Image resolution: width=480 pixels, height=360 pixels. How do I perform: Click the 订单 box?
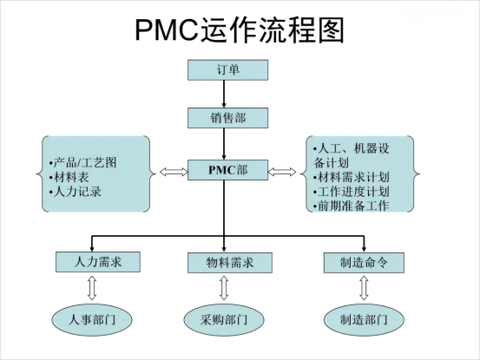coord(227,70)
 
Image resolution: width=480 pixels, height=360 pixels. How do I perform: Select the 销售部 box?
coord(227,118)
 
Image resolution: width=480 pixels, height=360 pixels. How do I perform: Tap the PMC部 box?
coord(227,170)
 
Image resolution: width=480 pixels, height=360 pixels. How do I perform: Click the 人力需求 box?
coord(98,262)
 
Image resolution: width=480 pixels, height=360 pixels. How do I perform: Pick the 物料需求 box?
coord(230,263)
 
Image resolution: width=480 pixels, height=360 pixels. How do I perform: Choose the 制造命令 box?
coord(364,263)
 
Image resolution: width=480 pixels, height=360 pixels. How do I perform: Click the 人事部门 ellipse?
coord(92,319)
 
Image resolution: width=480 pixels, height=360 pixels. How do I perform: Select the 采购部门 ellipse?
coord(224,319)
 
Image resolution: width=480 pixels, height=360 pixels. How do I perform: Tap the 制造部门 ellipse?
coord(364,319)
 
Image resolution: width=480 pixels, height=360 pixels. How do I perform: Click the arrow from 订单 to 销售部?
coord(224,94)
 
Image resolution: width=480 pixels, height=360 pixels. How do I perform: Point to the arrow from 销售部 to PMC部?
coord(224,144)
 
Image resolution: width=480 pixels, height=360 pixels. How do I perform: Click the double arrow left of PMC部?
coord(174,172)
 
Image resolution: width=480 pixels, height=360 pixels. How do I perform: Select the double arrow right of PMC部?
coord(282,172)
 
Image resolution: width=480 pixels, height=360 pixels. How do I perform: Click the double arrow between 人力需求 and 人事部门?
coord(92,288)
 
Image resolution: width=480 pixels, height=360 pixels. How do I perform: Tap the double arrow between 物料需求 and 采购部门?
coord(224,288)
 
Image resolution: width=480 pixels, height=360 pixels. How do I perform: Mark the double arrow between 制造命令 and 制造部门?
coord(364,288)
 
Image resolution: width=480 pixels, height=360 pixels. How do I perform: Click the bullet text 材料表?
coord(69,178)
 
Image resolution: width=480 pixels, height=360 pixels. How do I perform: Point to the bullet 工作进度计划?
coord(352,192)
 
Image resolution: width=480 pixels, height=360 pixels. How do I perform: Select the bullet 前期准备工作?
coord(352,206)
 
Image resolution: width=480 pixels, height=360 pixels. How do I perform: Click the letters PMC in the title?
coord(167,30)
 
